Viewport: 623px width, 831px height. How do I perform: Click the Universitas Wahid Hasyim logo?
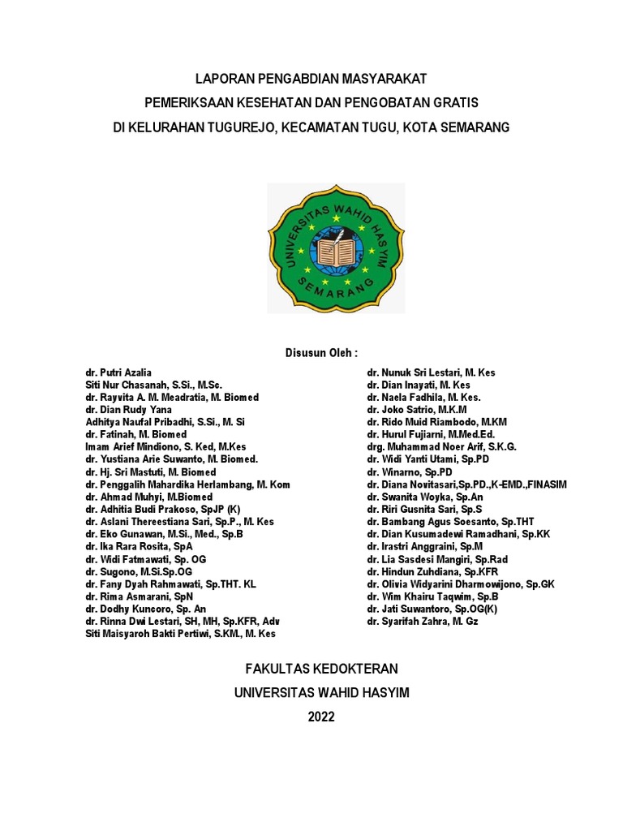point(336,248)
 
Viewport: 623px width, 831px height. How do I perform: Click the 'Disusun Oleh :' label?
point(321,353)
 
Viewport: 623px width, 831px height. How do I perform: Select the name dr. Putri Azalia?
point(118,372)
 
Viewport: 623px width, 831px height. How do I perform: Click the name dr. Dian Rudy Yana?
point(128,410)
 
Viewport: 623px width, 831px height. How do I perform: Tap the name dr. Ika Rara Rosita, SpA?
point(139,547)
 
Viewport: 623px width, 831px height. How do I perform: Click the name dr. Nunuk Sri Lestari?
point(431,372)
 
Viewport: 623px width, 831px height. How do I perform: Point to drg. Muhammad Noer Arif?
point(441,447)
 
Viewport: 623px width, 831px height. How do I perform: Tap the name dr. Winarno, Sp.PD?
point(409,472)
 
